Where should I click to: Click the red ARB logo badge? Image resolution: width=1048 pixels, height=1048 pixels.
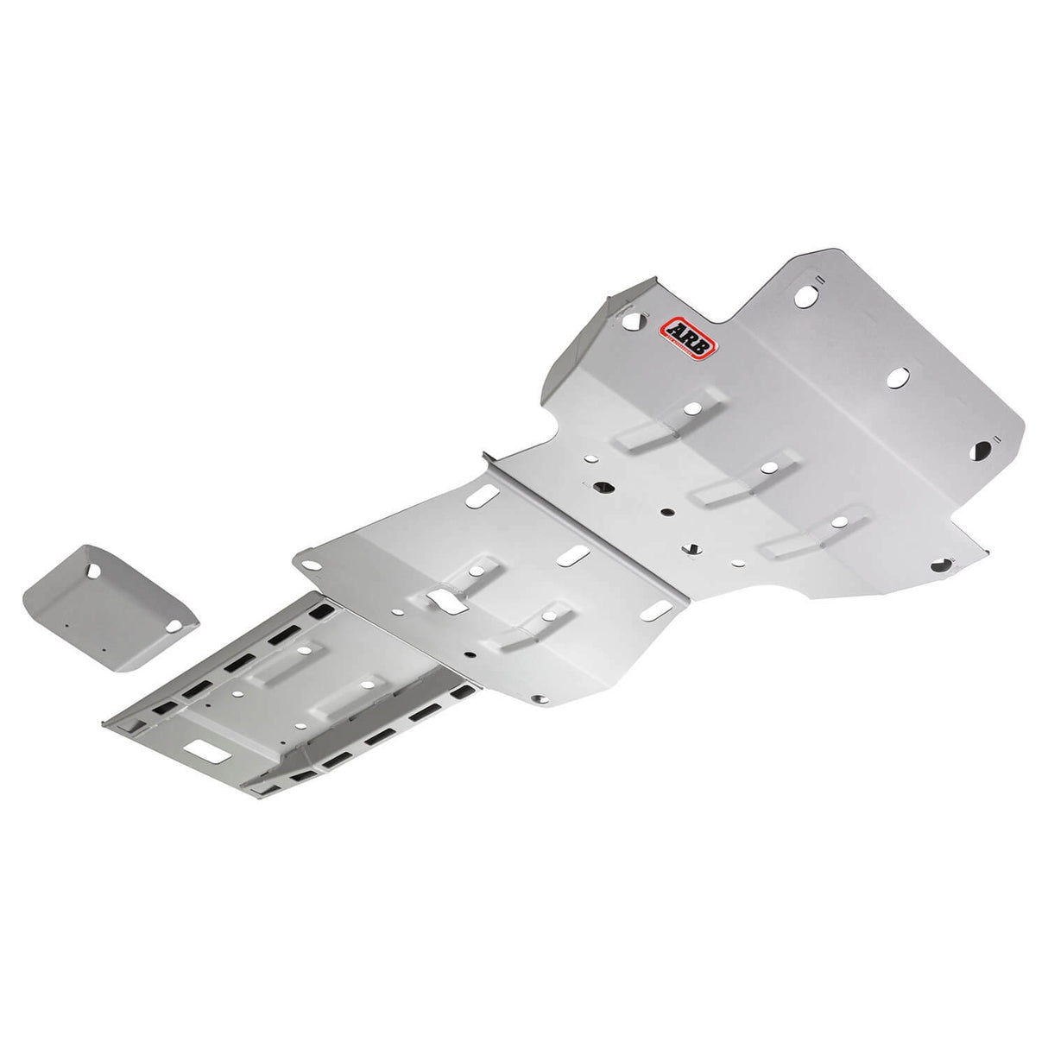(681, 338)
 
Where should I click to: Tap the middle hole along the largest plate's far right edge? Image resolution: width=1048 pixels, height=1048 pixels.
(898, 377)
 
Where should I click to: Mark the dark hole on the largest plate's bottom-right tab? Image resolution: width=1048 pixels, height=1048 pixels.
(941, 566)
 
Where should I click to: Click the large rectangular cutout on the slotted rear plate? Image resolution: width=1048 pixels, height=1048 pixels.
(212, 753)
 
